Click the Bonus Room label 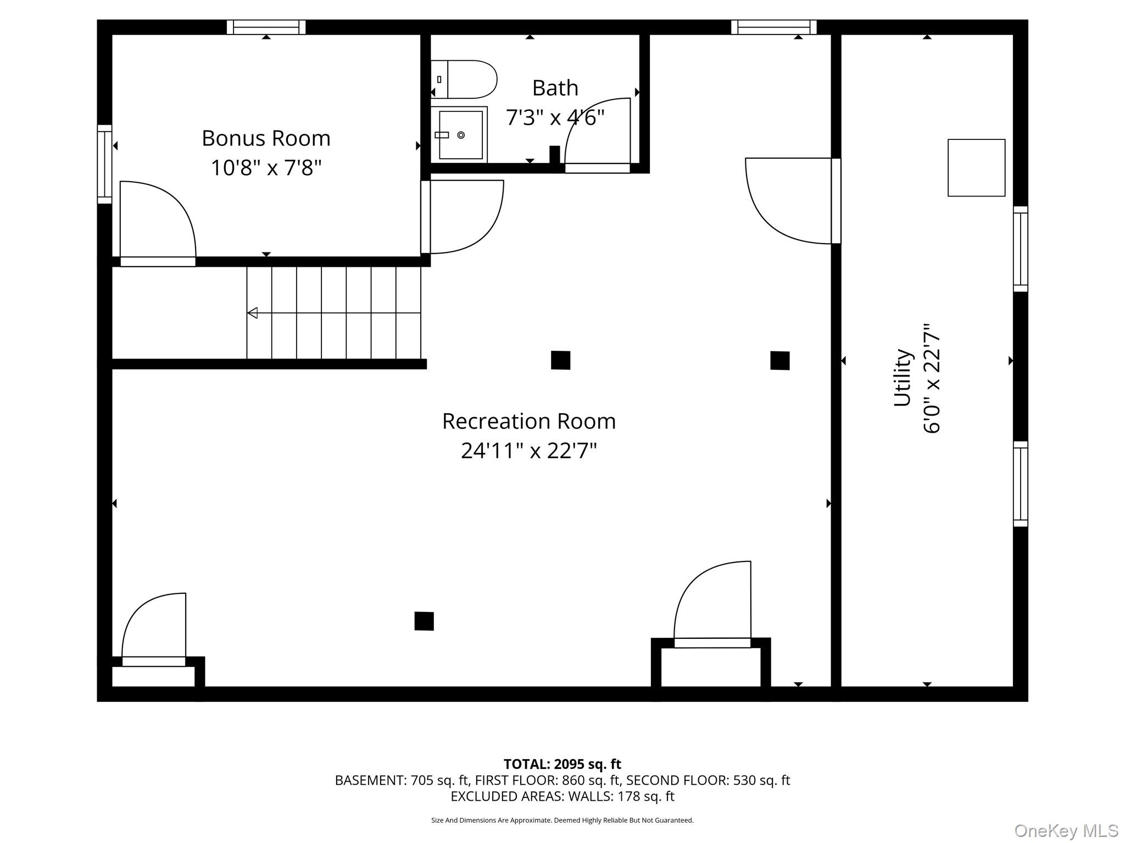tap(266, 138)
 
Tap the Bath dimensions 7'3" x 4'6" tap(555, 117)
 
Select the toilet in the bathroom tap(465, 80)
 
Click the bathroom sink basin tap(460, 135)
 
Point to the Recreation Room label tap(528, 421)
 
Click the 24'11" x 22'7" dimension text tap(528, 451)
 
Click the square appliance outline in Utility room tap(976, 167)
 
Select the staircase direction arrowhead tap(253, 313)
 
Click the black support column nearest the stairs tap(560, 360)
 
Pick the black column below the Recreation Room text tap(424, 621)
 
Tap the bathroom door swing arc tap(597, 132)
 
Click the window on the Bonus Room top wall tap(266, 27)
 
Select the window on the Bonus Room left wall tap(104, 164)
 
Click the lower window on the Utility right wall tap(1020, 484)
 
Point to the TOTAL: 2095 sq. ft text tap(562, 764)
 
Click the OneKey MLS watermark tap(1066, 830)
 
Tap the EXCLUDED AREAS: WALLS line tap(562, 796)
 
